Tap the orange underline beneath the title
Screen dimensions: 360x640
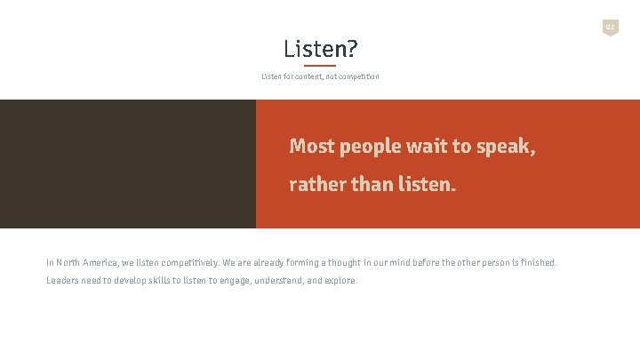tap(320, 65)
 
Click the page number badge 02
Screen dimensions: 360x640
tap(610, 28)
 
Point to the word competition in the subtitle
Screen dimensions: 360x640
tap(358, 76)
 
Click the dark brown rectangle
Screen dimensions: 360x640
tap(128, 164)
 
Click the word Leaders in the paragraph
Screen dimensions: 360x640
tap(62, 281)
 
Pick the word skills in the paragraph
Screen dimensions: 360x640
tap(155, 281)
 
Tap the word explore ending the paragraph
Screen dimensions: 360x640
tap(341, 281)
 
